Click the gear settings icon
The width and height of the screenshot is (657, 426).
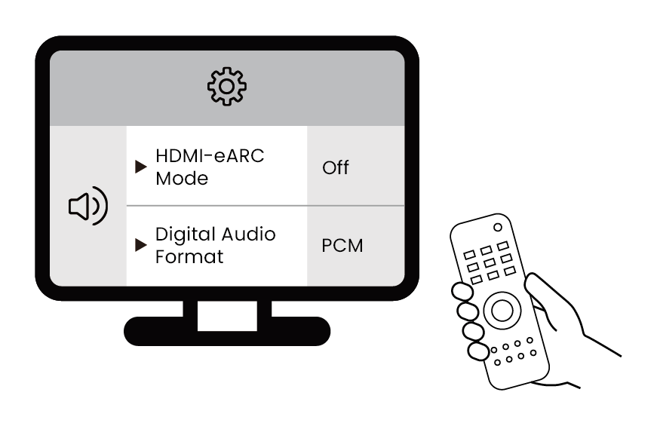pos(227,87)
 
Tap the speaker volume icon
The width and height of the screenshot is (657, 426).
pos(87,207)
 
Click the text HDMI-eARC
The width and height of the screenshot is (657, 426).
pos(210,156)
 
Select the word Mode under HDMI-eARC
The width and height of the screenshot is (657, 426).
pos(181,179)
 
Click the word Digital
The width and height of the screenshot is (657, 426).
pos(183,234)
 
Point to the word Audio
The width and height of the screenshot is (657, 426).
pos(247,234)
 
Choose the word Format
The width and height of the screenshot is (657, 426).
pos(189,257)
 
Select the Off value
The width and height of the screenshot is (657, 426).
pos(336,167)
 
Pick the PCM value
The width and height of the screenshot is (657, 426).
pos(342,246)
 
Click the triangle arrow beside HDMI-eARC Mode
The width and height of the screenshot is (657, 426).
pos(140,167)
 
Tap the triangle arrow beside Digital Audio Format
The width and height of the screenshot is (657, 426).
pos(140,245)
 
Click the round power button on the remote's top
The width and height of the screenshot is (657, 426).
pos(498,227)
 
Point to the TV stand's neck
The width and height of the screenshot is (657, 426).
pos(227,309)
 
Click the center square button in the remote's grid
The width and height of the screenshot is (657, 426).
pos(490,262)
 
